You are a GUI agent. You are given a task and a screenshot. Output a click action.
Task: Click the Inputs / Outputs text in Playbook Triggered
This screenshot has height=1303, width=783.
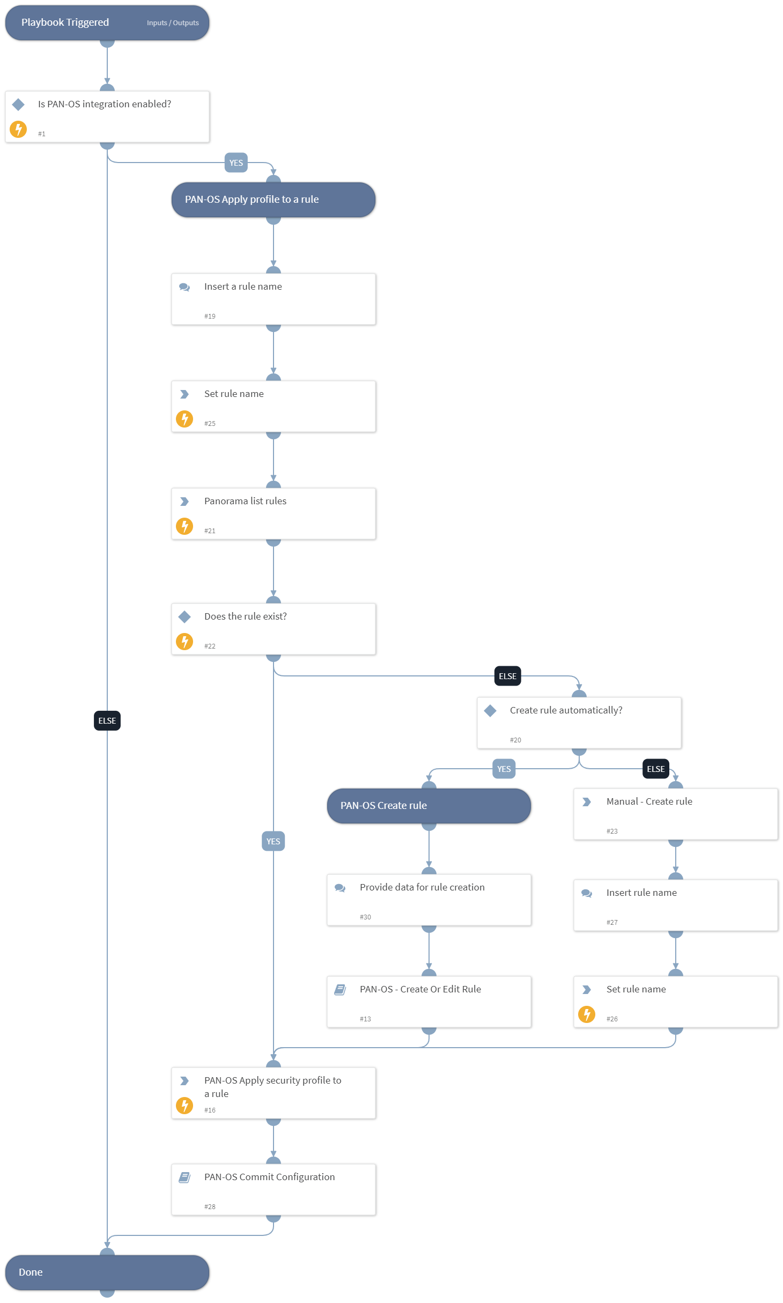(173, 23)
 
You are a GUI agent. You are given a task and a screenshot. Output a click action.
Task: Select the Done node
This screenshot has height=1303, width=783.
(107, 1272)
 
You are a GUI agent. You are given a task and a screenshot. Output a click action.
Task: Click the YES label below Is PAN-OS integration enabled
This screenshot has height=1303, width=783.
(236, 163)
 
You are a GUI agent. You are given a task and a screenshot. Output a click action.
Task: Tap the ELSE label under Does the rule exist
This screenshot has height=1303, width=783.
(507, 676)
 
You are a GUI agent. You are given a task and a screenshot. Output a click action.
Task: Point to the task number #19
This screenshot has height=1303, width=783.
(210, 316)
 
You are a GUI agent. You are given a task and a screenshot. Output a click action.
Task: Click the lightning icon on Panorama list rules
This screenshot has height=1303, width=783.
(184, 526)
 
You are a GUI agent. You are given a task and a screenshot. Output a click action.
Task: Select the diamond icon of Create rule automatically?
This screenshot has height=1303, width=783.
(490, 711)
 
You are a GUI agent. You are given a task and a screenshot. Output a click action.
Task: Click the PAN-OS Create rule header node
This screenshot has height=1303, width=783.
(429, 806)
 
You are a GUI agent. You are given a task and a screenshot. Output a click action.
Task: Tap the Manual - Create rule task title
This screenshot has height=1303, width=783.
(649, 801)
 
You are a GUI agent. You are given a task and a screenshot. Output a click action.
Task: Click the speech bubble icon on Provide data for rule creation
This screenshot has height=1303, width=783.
(340, 888)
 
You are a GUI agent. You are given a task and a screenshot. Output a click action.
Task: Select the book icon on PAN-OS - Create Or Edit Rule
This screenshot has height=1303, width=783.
(340, 990)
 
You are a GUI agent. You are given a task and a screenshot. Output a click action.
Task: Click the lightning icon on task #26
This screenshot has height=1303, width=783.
(587, 1014)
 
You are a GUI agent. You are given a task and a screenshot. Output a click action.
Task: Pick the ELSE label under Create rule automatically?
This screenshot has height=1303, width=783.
(655, 769)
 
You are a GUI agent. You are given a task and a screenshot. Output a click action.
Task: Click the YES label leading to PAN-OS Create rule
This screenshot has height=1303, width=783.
(504, 769)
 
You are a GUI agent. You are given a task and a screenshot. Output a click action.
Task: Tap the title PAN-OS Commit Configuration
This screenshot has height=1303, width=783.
(269, 1177)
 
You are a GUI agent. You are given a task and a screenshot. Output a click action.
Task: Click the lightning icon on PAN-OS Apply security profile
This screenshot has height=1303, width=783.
(184, 1106)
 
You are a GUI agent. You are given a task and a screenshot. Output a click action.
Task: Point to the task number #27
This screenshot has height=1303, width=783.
(612, 923)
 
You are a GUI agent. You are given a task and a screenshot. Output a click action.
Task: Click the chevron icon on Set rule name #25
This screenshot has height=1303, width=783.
(184, 394)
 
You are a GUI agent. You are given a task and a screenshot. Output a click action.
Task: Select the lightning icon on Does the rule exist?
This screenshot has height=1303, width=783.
(184, 642)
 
